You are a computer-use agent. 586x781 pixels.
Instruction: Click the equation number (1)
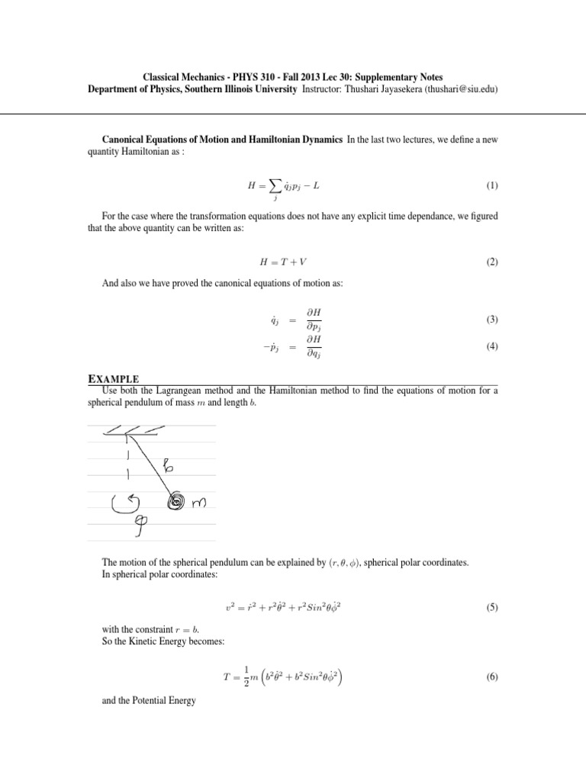click(x=491, y=186)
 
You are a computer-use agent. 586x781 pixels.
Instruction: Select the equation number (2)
click(x=491, y=262)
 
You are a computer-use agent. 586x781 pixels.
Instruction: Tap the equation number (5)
click(x=491, y=609)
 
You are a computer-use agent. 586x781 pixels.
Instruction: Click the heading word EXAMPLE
click(x=114, y=378)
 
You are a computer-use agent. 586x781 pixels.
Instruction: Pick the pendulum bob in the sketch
click(x=178, y=502)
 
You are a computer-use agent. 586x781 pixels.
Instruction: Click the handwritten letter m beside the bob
click(x=200, y=502)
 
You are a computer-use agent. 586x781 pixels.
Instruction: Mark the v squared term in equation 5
click(x=230, y=609)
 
